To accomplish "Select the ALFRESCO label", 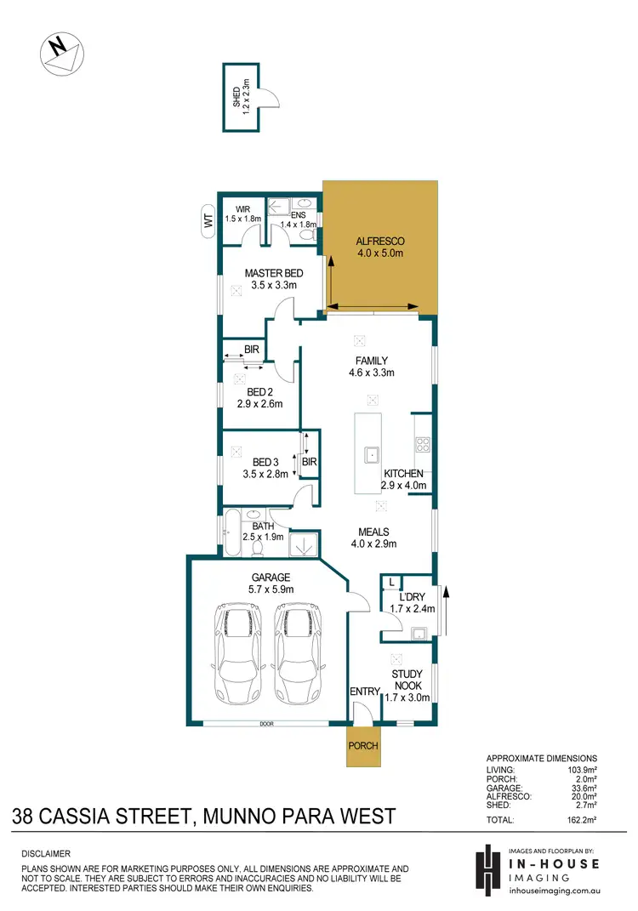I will (x=379, y=247).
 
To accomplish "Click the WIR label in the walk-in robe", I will (x=242, y=213).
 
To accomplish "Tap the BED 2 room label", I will (x=259, y=397).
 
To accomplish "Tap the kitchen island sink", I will (x=372, y=455).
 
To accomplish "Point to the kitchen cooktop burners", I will (x=422, y=443).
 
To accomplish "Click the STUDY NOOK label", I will (x=407, y=686).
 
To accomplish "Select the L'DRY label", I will (x=413, y=601).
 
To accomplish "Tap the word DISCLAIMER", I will (x=46, y=853).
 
